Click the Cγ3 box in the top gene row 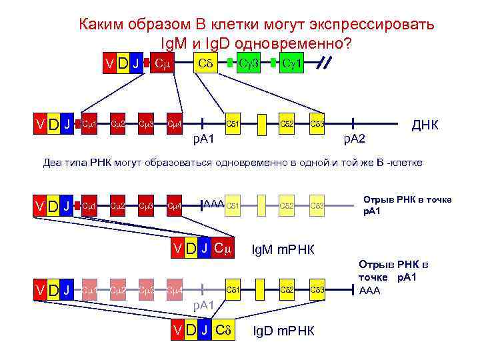click(x=251, y=63)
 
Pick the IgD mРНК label click(x=286, y=331)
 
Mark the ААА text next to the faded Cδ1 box click(x=213, y=203)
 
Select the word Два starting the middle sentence click(x=55, y=163)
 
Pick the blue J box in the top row click(x=136, y=63)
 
